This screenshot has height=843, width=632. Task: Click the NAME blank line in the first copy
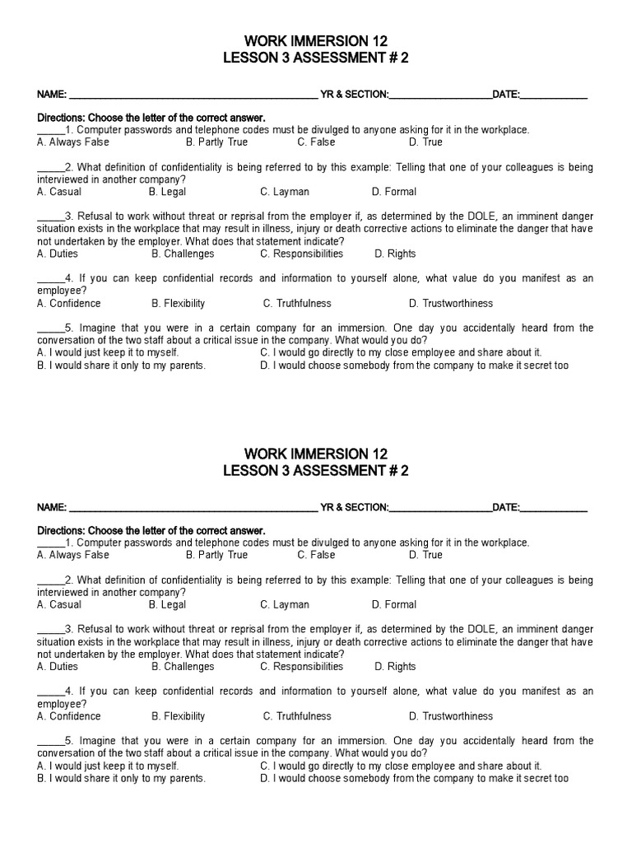pyautogui.click(x=193, y=95)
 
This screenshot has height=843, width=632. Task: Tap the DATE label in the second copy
pyautogui.click(x=506, y=508)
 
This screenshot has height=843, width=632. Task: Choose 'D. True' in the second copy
pyautogui.click(x=426, y=555)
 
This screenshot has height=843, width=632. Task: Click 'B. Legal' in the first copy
pyautogui.click(x=168, y=192)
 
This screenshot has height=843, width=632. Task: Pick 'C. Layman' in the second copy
pyautogui.click(x=285, y=604)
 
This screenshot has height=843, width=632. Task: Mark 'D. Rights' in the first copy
pyautogui.click(x=395, y=254)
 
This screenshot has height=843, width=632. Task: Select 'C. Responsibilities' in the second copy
pyautogui.click(x=301, y=667)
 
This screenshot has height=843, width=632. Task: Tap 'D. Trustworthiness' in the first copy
pyautogui.click(x=451, y=303)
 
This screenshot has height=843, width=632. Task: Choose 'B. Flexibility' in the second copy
pyautogui.click(x=179, y=716)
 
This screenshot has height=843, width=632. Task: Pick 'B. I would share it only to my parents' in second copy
pyautogui.click(x=121, y=778)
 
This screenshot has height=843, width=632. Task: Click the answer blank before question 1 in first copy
pyautogui.click(x=50, y=131)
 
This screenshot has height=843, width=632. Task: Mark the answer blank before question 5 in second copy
pyautogui.click(x=50, y=742)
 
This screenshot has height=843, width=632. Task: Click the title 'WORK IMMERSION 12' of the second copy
pyautogui.click(x=316, y=454)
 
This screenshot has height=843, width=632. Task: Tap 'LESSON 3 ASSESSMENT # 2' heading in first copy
pyautogui.click(x=316, y=58)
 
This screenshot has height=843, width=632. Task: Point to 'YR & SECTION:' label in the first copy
pyautogui.click(x=354, y=95)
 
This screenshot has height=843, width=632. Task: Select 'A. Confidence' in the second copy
pyautogui.click(x=69, y=716)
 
